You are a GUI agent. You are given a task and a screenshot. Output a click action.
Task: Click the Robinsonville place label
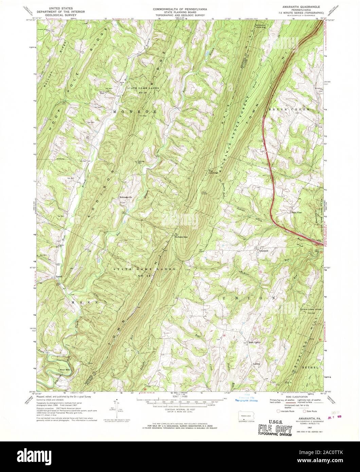tap(125, 197)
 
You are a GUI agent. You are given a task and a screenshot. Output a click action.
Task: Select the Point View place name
tap(296, 213)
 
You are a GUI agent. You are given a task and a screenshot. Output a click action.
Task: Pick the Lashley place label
tap(256, 364)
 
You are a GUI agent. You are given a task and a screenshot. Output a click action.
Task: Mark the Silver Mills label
tap(65, 369)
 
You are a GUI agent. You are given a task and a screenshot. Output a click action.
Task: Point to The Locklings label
tap(213, 172)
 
